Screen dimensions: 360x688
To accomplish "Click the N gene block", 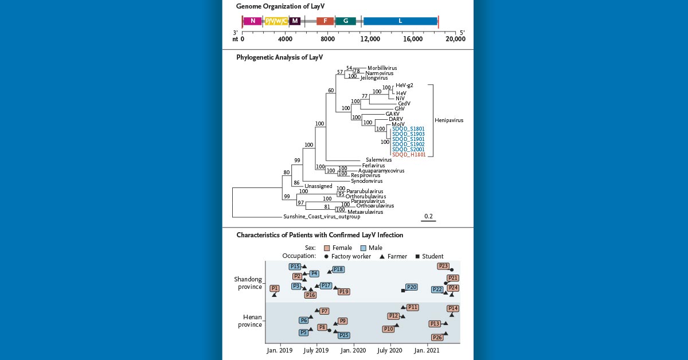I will point(252,21).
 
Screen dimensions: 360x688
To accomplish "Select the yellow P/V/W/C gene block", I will point(275,21).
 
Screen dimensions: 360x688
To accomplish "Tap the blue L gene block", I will point(400,21).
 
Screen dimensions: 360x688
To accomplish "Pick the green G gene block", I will point(345,21).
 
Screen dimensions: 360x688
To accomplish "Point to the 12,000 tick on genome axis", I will point(370,39).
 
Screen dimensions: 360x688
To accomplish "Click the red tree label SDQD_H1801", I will point(408,155).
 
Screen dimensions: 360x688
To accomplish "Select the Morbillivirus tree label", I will point(382,68).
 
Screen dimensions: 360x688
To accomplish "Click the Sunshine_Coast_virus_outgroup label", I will point(322,217).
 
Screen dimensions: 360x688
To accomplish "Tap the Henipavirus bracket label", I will point(449,120).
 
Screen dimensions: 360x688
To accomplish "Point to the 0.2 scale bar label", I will point(428,216).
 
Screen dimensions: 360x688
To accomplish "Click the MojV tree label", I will point(398,124).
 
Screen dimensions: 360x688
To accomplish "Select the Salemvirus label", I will point(378,160).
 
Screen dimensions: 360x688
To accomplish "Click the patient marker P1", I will point(275,288).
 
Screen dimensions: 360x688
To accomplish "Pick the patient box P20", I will point(411,287).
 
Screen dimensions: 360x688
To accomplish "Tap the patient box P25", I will point(344,335).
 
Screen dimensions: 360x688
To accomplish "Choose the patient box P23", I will point(443,266).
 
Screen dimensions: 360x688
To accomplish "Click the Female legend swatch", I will point(327,248).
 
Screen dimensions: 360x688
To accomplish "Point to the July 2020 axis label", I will point(389,350).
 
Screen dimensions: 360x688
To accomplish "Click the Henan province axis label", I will point(250,320).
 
